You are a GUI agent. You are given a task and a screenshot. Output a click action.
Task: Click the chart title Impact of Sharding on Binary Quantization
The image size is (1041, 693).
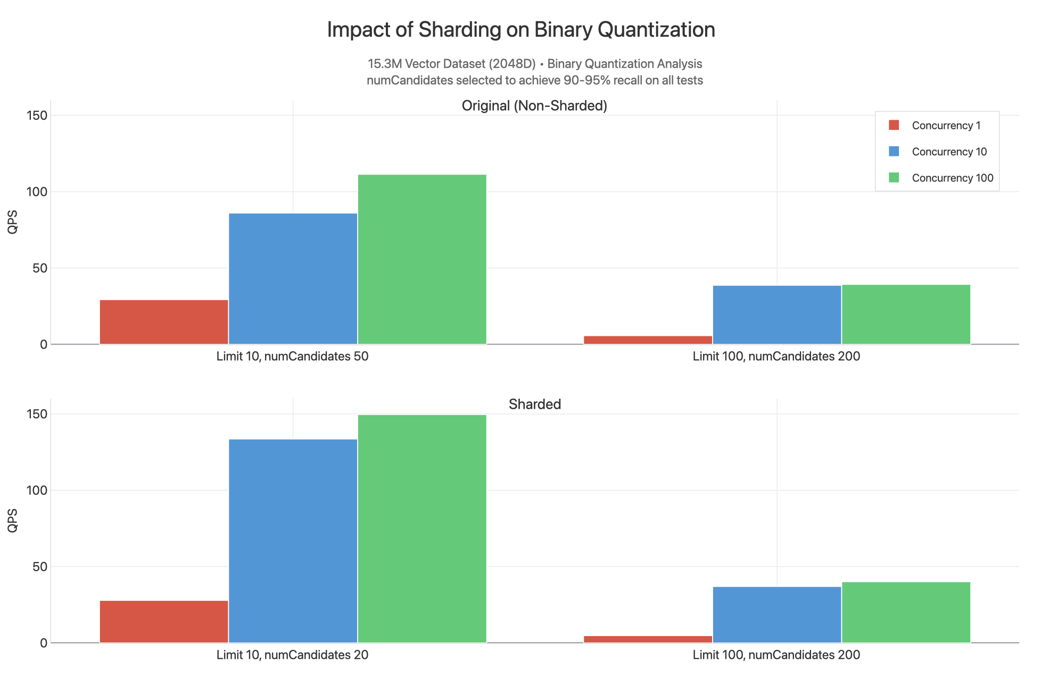pos(520,30)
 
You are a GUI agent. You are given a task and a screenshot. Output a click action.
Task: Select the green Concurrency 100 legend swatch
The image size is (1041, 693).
pos(894,178)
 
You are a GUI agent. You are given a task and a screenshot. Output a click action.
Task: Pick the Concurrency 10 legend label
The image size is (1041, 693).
pos(949,152)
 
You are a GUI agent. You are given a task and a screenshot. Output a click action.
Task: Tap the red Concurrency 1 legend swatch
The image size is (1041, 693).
pos(894,126)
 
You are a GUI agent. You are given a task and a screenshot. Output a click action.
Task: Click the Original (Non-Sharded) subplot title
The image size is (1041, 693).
pos(534,106)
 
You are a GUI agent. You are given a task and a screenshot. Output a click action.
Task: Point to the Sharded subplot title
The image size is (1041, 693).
pos(534,405)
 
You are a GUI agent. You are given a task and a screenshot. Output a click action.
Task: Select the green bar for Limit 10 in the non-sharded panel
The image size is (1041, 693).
pos(422,259)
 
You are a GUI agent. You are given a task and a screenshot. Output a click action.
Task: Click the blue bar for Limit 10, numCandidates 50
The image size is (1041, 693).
pos(293,279)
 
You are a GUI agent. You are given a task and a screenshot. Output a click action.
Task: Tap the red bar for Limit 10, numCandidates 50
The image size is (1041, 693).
pos(164,322)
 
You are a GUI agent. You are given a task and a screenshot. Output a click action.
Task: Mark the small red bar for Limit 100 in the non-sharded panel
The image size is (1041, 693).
pos(648,340)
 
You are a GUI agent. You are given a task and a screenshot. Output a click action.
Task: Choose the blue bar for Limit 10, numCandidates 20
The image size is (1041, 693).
pos(293,541)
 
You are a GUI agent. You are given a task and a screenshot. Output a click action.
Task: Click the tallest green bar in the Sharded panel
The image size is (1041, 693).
pos(422,529)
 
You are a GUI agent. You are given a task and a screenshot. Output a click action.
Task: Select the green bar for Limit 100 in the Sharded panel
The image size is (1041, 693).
pos(906,612)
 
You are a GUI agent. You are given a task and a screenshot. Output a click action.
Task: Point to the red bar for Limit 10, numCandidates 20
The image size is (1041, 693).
pos(164,622)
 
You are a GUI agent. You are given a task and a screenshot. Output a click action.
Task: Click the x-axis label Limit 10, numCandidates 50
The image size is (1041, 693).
pos(292,357)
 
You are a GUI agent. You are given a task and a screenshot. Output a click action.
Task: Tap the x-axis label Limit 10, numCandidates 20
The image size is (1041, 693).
pos(292,655)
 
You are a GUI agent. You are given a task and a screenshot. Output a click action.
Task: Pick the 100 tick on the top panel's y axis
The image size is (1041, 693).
pos(37,192)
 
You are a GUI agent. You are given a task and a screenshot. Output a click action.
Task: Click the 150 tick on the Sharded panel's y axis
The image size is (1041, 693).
pos(37,415)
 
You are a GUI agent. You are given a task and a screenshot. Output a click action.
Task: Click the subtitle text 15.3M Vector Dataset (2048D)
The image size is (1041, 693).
pos(451,64)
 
